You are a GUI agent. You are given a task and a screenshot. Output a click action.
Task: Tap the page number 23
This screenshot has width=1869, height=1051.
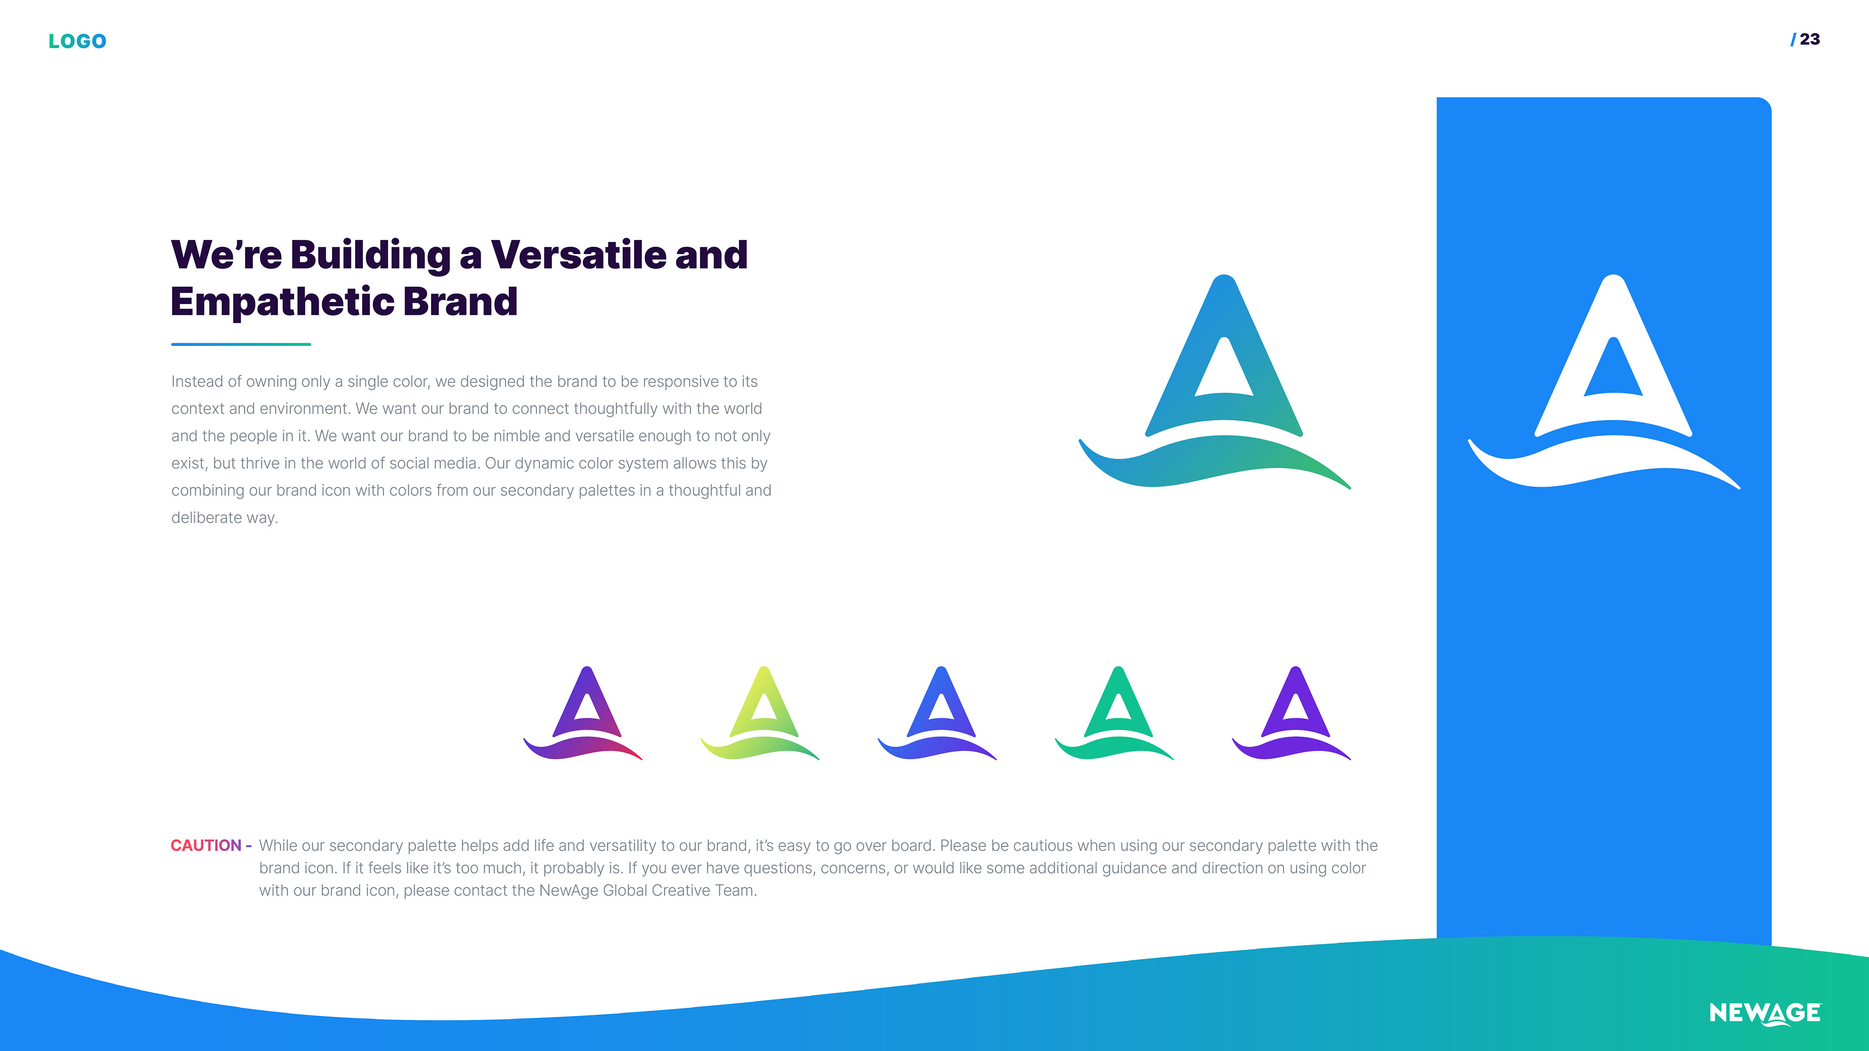click(x=1810, y=39)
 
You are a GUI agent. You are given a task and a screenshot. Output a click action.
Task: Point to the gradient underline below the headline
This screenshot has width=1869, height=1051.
click(x=241, y=344)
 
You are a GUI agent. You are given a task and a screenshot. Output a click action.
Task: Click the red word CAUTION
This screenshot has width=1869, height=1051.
click(x=206, y=845)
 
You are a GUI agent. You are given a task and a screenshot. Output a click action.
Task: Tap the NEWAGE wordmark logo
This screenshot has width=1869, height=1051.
click(x=1764, y=1013)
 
